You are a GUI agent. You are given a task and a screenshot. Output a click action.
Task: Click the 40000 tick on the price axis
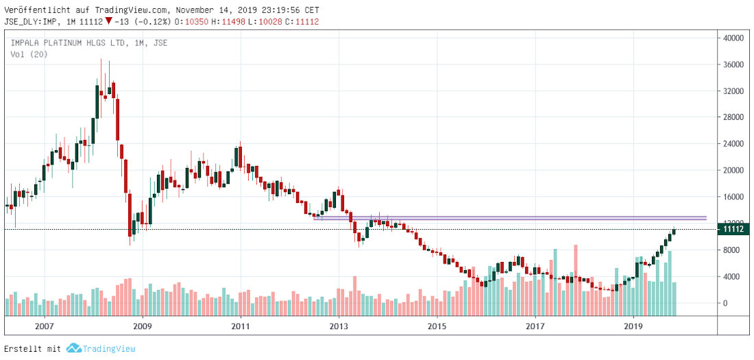(x=734, y=38)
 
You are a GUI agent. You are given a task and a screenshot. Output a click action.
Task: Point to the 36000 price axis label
(x=734, y=65)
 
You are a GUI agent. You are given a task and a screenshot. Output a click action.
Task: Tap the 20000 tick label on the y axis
(x=734, y=171)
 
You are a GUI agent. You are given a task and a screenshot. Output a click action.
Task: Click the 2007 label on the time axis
(x=45, y=326)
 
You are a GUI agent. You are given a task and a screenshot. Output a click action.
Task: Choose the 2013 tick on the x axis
(x=339, y=326)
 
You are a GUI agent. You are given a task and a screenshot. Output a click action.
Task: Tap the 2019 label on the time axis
(x=634, y=326)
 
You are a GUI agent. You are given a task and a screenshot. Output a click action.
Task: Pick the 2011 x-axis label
(x=241, y=326)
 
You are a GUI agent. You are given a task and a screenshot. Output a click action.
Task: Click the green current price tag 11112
(x=733, y=229)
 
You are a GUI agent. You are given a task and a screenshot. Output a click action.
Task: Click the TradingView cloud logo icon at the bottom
(x=74, y=348)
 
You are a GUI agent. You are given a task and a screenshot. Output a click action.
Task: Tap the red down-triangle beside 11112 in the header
(x=108, y=21)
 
